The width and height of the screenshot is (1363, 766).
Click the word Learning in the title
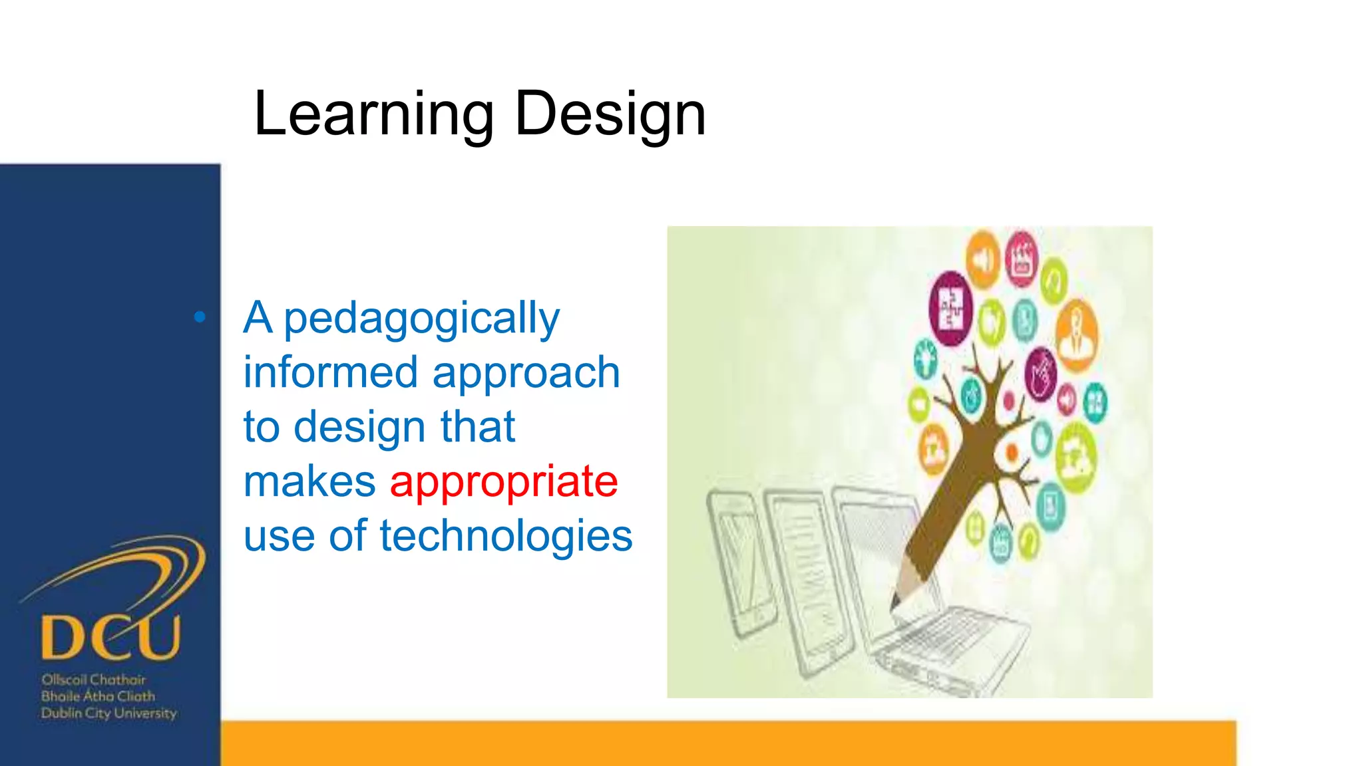pyautogui.click(x=373, y=114)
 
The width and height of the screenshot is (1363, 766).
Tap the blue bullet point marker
pyautogui.click(x=200, y=317)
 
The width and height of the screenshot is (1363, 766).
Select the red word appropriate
pyautogui.click(x=504, y=481)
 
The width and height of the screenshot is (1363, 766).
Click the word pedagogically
pyautogui.click(x=421, y=319)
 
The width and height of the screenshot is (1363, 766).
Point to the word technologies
pyautogui.click(x=506, y=536)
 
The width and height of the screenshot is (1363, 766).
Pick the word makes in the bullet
pyautogui.click(x=309, y=481)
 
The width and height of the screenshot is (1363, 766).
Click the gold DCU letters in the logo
pyautogui.click(x=110, y=637)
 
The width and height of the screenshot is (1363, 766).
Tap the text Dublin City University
pyautogui.click(x=108, y=713)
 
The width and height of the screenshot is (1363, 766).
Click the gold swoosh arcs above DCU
pyautogui.click(x=133, y=565)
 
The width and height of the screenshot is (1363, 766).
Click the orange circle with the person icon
pyautogui.click(x=1076, y=334)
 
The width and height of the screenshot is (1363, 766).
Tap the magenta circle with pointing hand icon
pyautogui.click(x=1040, y=374)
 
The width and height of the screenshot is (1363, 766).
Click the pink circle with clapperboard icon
pyautogui.click(x=1021, y=259)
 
